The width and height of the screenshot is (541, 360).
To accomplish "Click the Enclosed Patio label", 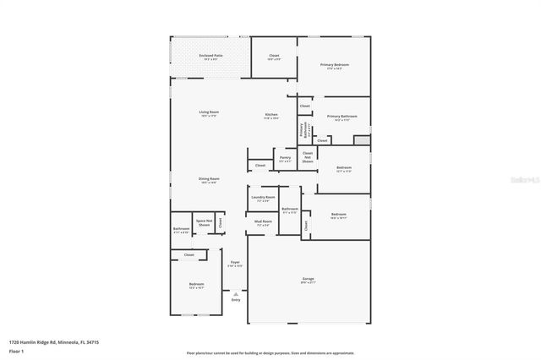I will point(209,57).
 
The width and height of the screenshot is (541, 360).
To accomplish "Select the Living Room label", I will point(209,113).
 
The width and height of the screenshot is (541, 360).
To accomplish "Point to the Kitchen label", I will point(271,116).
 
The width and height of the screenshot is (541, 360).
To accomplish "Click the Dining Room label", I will point(209,179).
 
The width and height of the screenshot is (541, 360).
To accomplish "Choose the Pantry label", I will point(286,158).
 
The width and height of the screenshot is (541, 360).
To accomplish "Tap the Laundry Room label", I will point(263,199).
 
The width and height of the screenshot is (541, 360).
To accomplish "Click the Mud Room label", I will point(263,222).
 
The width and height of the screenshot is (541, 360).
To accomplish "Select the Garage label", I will point(309,280).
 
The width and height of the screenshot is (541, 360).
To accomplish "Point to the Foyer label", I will point(235,263).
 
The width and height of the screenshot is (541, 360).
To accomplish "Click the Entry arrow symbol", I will point(235,294).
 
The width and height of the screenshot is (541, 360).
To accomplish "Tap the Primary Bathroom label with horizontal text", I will point(342,117).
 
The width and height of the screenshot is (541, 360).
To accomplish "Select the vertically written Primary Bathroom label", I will point(303,129).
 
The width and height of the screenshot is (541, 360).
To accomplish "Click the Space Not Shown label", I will point(204,223).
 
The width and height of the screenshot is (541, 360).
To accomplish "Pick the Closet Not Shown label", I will point(308,156).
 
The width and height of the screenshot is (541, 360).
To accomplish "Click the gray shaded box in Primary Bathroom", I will point(362,139).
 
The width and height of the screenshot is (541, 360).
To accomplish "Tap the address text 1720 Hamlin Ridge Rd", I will point(50,342).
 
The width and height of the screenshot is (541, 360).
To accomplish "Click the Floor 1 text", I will point(16,351).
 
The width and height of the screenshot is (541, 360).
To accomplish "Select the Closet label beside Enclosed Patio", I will point(274,57).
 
